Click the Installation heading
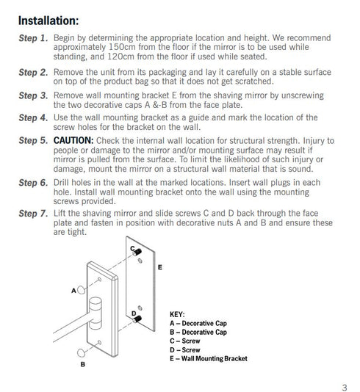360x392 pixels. [48, 21]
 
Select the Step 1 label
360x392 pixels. [33, 38]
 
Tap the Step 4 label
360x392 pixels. [33, 117]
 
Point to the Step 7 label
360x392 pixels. [33, 214]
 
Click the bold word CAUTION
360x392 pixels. [73, 140]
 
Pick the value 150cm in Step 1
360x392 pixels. [121, 47]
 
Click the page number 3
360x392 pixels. [345, 388]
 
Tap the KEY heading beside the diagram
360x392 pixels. [177, 314]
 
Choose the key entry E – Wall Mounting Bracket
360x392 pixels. [209, 358]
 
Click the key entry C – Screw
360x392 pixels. [185, 341]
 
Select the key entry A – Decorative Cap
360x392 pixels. [198, 323]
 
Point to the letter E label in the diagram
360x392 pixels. [160, 267]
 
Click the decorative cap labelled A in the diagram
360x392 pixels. [81, 290]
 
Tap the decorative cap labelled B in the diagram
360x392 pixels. [81, 353]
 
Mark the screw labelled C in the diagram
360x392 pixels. [137, 253]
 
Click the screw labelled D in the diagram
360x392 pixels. [137, 319]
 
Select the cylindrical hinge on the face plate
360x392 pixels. [96, 313]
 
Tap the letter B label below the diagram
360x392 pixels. [83, 364]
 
